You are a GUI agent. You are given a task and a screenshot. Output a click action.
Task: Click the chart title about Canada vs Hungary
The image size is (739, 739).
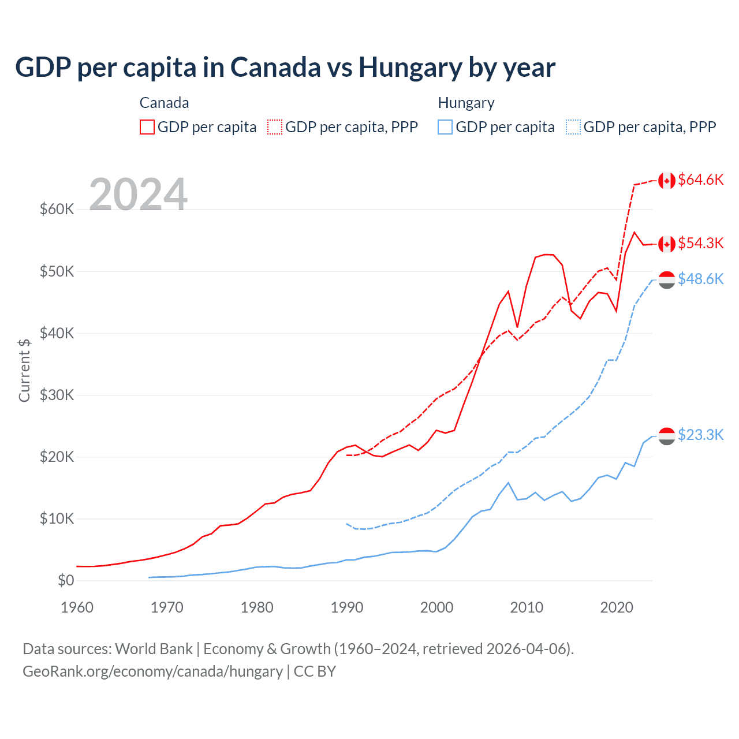click(285, 68)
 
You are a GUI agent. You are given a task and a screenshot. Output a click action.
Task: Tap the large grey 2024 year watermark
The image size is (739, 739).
click(139, 194)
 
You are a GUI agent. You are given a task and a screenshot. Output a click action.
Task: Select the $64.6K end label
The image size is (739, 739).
click(700, 180)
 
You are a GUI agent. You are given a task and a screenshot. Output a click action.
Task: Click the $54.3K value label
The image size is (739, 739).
click(700, 243)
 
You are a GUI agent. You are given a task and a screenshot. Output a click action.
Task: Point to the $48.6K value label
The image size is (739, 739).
click(700, 279)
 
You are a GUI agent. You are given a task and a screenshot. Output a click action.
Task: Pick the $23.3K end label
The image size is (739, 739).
click(700, 435)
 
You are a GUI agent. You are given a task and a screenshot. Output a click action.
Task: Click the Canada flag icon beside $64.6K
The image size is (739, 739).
click(667, 181)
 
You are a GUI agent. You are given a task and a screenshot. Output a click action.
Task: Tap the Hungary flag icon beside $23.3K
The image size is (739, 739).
click(667, 436)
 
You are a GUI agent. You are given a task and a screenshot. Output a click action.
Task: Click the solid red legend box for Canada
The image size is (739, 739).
click(147, 127)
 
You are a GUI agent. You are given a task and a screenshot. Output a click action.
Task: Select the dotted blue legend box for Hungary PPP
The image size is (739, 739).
click(573, 127)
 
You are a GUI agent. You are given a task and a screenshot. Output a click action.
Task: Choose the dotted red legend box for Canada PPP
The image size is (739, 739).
click(275, 127)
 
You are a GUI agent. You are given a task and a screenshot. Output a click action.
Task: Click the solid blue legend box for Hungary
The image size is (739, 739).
click(445, 127)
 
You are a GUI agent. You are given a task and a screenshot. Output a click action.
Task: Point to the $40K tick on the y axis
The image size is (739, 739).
click(57, 333)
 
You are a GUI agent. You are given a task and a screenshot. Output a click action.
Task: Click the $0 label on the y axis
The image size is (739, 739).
click(66, 580)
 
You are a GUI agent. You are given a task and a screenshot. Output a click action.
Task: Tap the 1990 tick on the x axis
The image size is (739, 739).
click(347, 607)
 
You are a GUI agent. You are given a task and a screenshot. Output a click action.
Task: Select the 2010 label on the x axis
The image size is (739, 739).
click(527, 607)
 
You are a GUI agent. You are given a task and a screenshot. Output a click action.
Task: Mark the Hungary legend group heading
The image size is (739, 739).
click(466, 103)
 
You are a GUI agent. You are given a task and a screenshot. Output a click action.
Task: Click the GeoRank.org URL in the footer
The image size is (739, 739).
click(152, 671)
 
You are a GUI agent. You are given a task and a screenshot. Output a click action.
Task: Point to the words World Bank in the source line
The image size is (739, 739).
click(154, 649)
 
